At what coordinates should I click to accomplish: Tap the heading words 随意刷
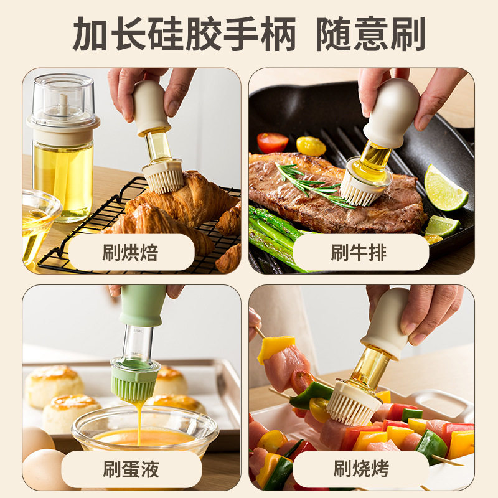370,34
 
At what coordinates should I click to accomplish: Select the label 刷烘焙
130,253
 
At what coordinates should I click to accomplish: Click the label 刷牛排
359,253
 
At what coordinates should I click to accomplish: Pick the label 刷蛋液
130,469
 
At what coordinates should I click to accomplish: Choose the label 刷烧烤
359,469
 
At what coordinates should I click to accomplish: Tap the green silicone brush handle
143,306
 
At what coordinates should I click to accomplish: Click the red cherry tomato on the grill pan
273,143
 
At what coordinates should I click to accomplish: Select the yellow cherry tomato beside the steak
311,146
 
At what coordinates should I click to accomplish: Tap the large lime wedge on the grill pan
444,188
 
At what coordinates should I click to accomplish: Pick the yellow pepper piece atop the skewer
276,347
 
